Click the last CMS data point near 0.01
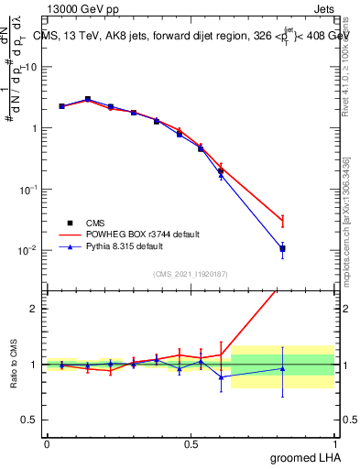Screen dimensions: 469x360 (x=283, y=248)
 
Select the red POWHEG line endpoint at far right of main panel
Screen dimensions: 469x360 (x=283, y=221)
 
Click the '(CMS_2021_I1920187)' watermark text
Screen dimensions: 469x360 (x=190, y=273)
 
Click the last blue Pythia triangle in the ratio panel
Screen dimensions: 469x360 (x=283, y=369)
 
